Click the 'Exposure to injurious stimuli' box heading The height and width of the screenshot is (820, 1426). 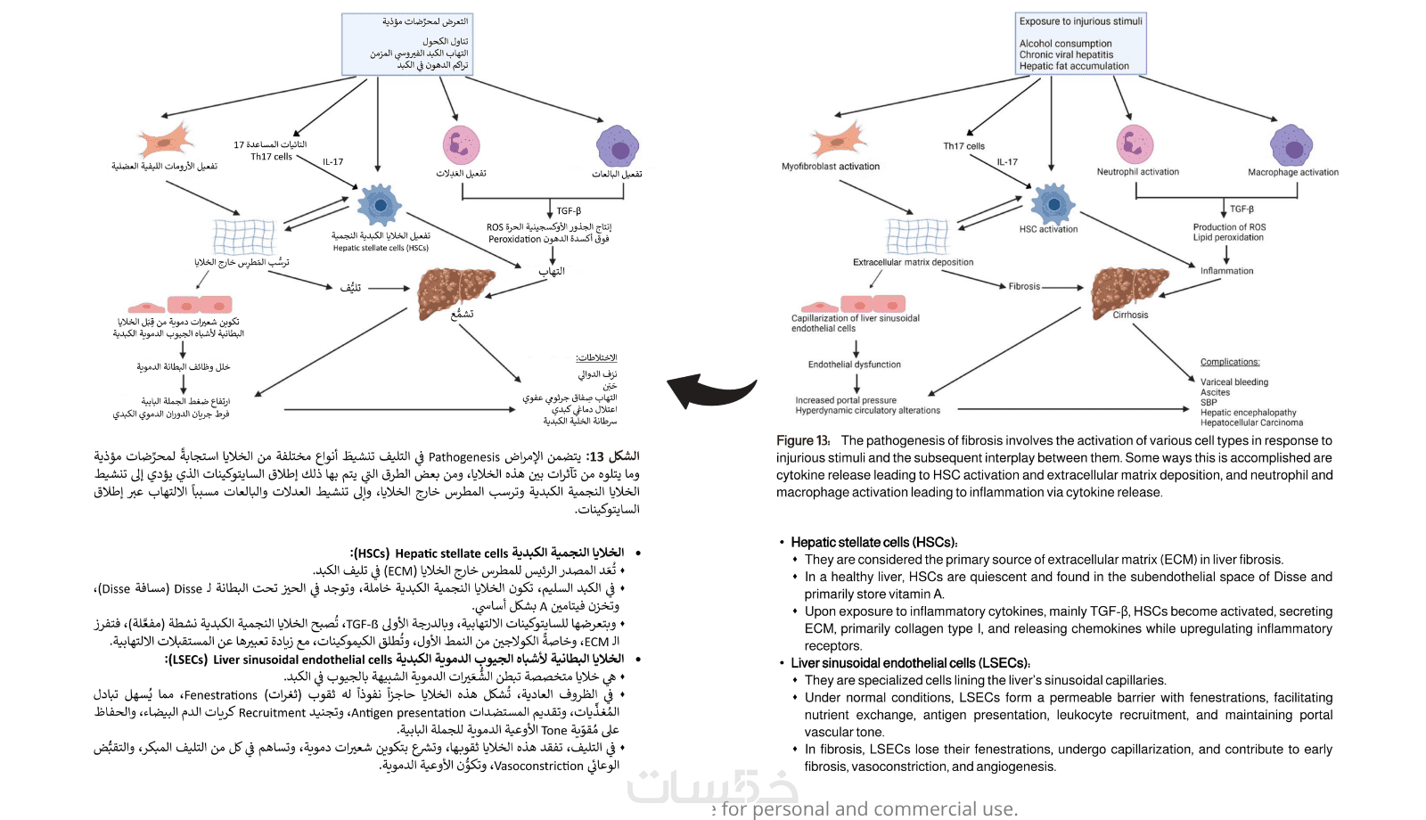pos(1080,21)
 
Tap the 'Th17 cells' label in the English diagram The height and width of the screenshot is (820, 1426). pos(963,146)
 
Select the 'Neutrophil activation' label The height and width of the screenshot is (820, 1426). pos(1137,172)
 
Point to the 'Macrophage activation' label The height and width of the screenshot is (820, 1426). pos(1292,173)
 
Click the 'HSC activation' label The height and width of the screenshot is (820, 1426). pos(1048,229)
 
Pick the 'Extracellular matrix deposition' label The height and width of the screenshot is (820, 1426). pos(913,263)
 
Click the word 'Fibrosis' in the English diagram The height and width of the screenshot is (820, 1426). pos(1024,287)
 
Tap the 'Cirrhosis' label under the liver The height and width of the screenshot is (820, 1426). pos(1130,315)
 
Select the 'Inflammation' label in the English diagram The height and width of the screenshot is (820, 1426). pos(1226,271)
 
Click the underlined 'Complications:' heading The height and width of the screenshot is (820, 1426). pos(1230,362)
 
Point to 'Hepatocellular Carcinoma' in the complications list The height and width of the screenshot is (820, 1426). pos(1251,422)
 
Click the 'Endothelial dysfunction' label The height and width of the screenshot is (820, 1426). pos(854,365)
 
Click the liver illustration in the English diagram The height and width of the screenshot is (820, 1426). pos(1128,288)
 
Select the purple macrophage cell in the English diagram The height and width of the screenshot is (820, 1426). pos(1291,145)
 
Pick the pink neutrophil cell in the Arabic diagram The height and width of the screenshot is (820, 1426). pos(461,144)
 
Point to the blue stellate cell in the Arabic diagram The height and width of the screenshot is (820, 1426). pos(380,205)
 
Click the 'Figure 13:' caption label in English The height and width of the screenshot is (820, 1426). pos(803,440)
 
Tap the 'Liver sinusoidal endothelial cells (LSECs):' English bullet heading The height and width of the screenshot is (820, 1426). pos(910,663)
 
